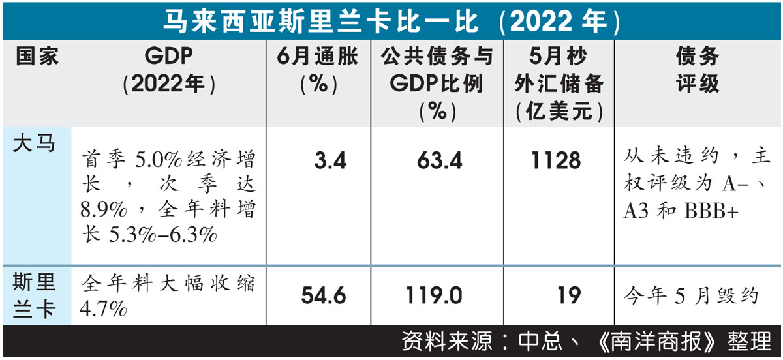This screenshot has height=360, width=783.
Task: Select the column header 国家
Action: coord(37,57)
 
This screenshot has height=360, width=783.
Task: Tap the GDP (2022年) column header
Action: coord(169,70)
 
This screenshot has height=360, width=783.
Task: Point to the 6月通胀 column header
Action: coord(318,70)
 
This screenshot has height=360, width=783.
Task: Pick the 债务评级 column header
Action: coord(698,70)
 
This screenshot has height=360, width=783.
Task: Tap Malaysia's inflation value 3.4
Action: coord(329,160)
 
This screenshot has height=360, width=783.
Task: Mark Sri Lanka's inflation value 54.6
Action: coord(324,295)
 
